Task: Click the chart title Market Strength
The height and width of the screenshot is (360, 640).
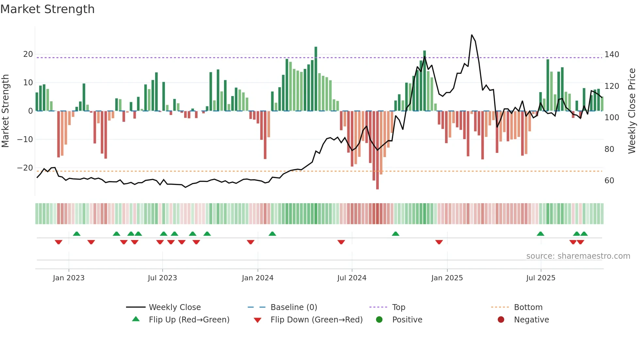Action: pyautogui.click(x=47, y=9)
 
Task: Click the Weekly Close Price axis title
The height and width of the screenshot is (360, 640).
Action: pyautogui.click(x=632, y=111)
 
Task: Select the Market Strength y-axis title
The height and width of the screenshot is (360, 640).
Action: pyautogui.click(x=6, y=111)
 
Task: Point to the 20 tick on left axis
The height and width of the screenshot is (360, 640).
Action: pyautogui.click(x=28, y=54)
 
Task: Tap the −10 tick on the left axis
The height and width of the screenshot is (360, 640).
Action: pyautogui.click(x=25, y=139)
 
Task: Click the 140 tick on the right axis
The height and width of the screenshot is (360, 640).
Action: pyautogui.click(x=612, y=55)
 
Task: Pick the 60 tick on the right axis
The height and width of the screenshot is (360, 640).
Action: pyautogui.click(x=609, y=181)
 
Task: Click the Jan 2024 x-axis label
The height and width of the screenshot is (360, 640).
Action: pyautogui.click(x=258, y=278)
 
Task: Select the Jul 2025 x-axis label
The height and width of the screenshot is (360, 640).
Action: pyautogui.click(x=541, y=278)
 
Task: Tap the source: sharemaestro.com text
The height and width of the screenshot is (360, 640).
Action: pyautogui.click(x=578, y=256)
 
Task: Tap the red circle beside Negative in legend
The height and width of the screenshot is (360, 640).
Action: pyautogui.click(x=501, y=320)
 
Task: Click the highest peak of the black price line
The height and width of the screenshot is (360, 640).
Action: pyautogui.click(x=472, y=35)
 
